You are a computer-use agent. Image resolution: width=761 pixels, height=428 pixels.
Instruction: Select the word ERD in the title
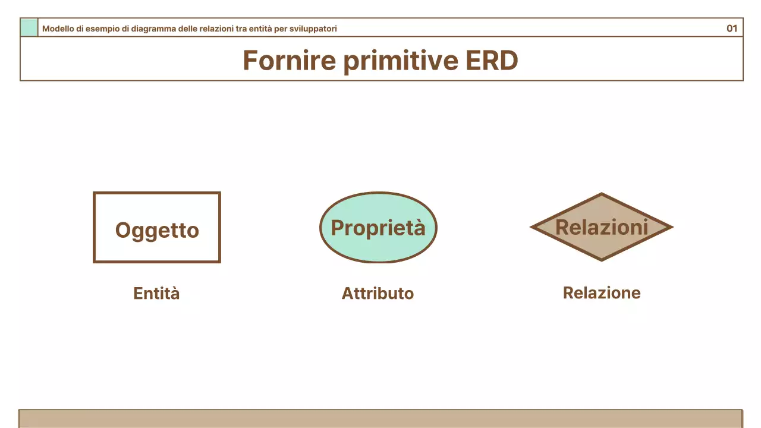click(x=492, y=60)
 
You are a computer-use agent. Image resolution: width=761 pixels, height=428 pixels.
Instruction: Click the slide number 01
click(x=732, y=28)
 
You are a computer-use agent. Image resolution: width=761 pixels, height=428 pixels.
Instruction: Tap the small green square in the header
click(x=29, y=28)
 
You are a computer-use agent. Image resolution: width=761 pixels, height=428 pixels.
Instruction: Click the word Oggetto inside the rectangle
click(x=157, y=230)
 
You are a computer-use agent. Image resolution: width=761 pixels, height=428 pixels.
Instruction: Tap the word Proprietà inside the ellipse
click(x=378, y=228)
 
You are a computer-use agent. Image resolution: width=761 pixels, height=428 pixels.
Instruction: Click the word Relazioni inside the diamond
click(x=602, y=226)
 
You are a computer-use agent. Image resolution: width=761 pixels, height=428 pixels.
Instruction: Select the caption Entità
click(x=156, y=294)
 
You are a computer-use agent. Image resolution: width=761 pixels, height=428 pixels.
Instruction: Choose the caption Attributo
click(x=378, y=294)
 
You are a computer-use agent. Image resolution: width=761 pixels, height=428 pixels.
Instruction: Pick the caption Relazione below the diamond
click(x=602, y=293)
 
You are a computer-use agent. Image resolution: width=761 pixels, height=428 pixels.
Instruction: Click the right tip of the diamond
click(x=671, y=227)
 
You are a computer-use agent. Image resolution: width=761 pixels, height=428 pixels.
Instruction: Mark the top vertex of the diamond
click(x=602, y=194)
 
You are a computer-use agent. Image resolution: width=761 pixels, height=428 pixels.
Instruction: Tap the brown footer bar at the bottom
click(x=380, y=418)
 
